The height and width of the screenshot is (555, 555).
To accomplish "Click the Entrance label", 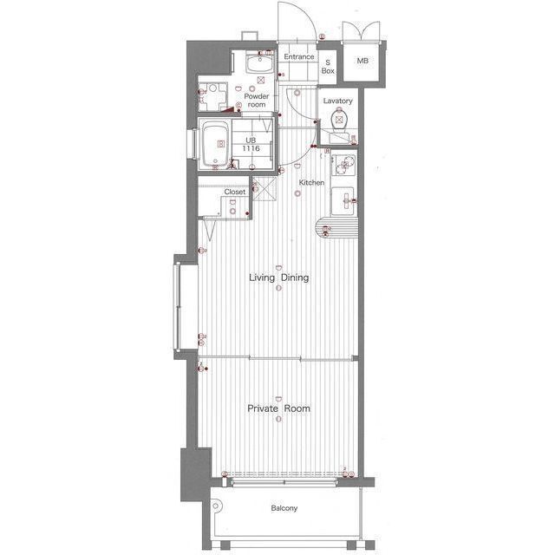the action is pos(298,56).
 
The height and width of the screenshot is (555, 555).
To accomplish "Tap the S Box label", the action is pos(328,67).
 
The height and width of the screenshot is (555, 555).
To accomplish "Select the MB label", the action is pos(362,61).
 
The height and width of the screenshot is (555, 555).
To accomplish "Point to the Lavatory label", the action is pos(337,101).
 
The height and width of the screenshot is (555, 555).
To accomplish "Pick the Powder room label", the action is pos(257,101).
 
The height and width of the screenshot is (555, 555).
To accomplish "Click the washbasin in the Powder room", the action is pos(260,63).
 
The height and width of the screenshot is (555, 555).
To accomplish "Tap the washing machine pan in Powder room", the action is pos(212,96).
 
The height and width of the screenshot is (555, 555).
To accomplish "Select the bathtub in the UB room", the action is pos(215,144).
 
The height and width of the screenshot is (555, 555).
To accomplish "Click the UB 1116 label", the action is pos(251,145).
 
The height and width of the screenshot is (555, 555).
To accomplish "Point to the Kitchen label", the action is pos(311,183).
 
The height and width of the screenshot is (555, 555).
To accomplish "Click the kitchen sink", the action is pos(343,200).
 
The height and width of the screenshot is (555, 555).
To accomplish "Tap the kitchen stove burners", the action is pos(343,165).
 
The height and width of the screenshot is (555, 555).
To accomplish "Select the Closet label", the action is pos(235,192).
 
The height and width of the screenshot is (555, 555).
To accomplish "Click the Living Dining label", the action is pos(279,277).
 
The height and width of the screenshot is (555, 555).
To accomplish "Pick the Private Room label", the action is pos(279,408).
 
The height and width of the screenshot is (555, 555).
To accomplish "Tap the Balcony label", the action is pos(284,508).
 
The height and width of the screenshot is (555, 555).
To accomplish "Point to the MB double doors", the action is pos(361,32).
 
